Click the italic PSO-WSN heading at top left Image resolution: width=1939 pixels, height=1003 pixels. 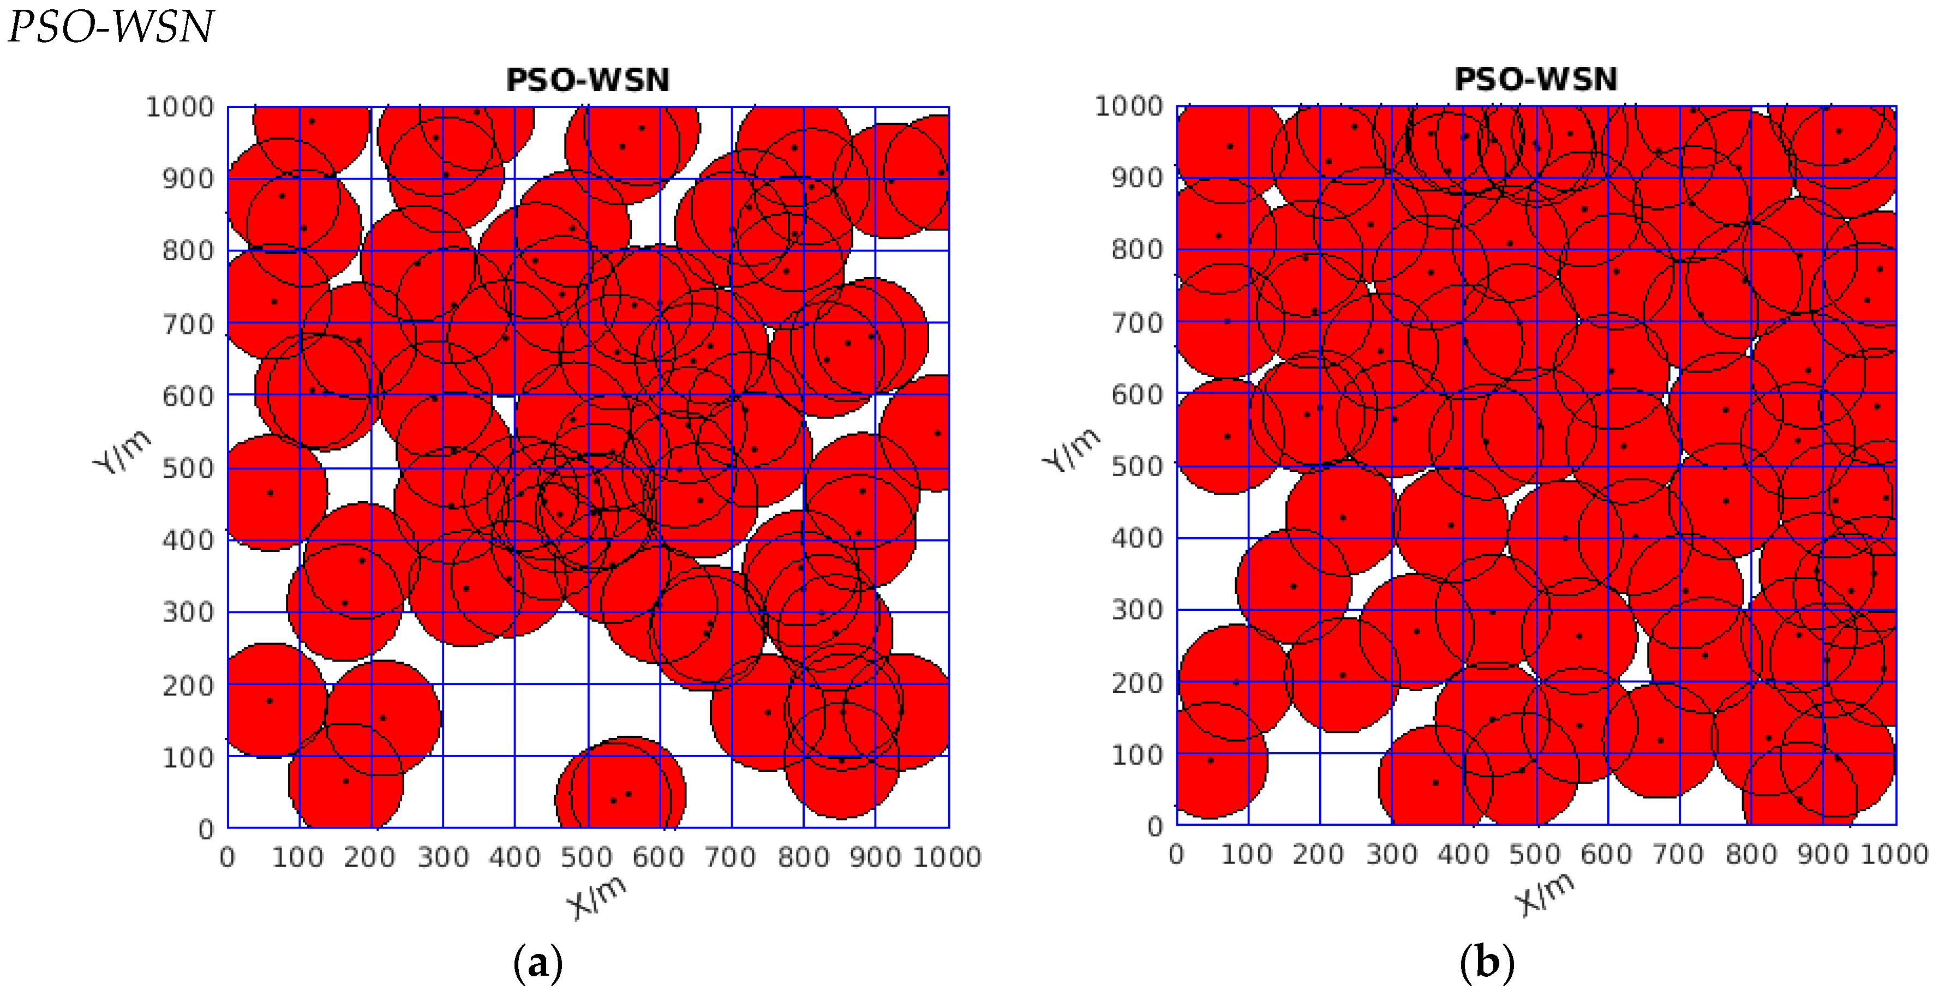111,27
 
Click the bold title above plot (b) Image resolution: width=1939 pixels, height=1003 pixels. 1536,80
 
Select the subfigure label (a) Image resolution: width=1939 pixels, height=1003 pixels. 537,963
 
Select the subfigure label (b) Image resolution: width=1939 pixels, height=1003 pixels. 1487,963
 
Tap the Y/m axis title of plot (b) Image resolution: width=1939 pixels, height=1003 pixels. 1071,449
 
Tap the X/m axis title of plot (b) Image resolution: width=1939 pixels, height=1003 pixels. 1545,894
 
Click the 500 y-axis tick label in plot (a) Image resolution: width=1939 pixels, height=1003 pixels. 188,468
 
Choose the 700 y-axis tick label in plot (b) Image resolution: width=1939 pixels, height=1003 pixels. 1138,323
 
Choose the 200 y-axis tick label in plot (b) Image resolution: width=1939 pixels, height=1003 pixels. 1138,683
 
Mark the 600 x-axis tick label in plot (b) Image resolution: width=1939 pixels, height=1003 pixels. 1606,855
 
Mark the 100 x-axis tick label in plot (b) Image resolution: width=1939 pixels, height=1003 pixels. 1247,855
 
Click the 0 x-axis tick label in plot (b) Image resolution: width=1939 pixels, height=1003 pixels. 1176,855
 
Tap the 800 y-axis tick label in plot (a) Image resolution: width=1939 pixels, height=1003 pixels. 188,250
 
